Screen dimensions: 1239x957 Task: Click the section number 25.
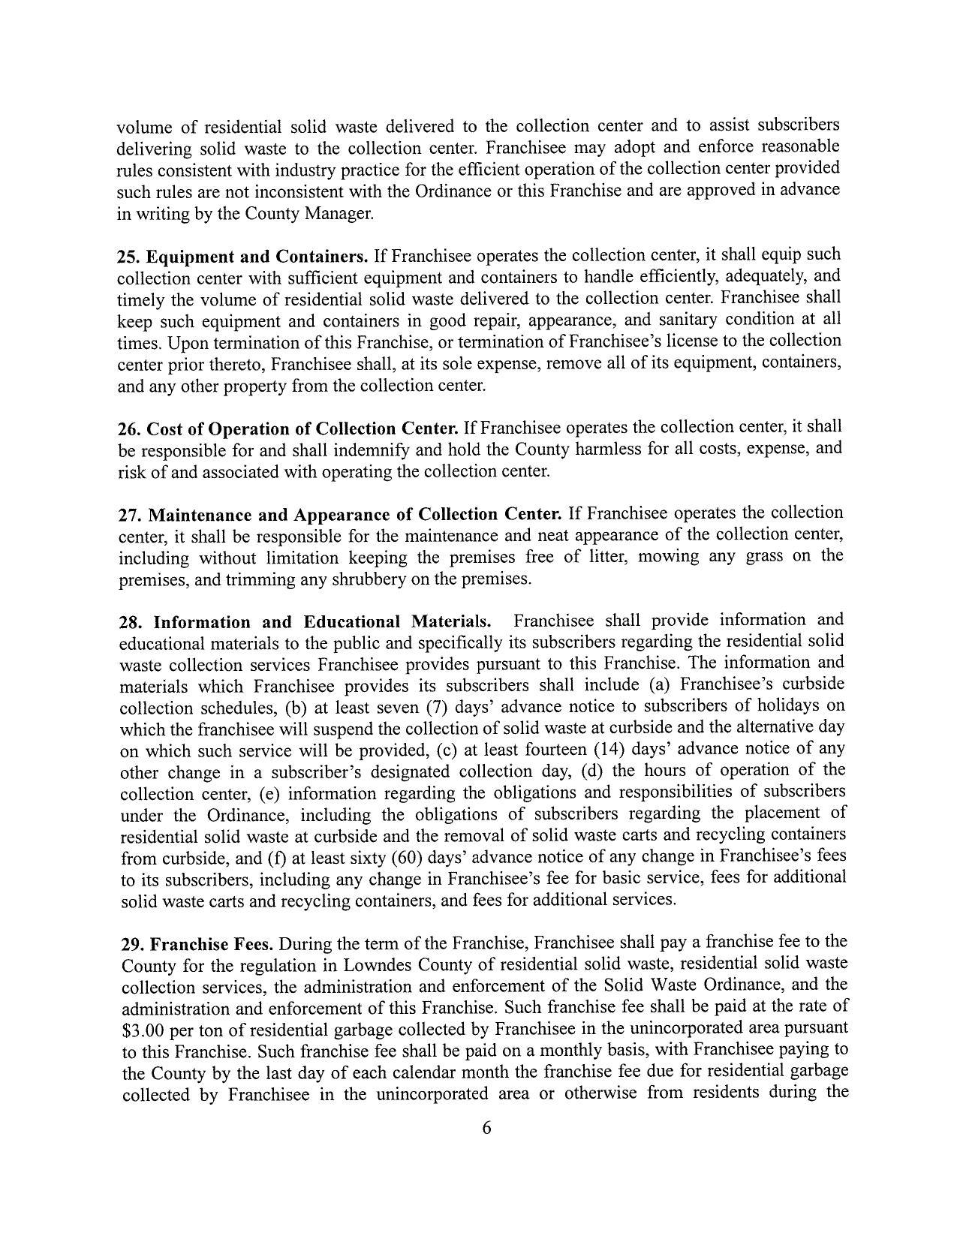128,257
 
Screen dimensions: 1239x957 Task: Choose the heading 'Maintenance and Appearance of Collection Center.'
355,515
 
